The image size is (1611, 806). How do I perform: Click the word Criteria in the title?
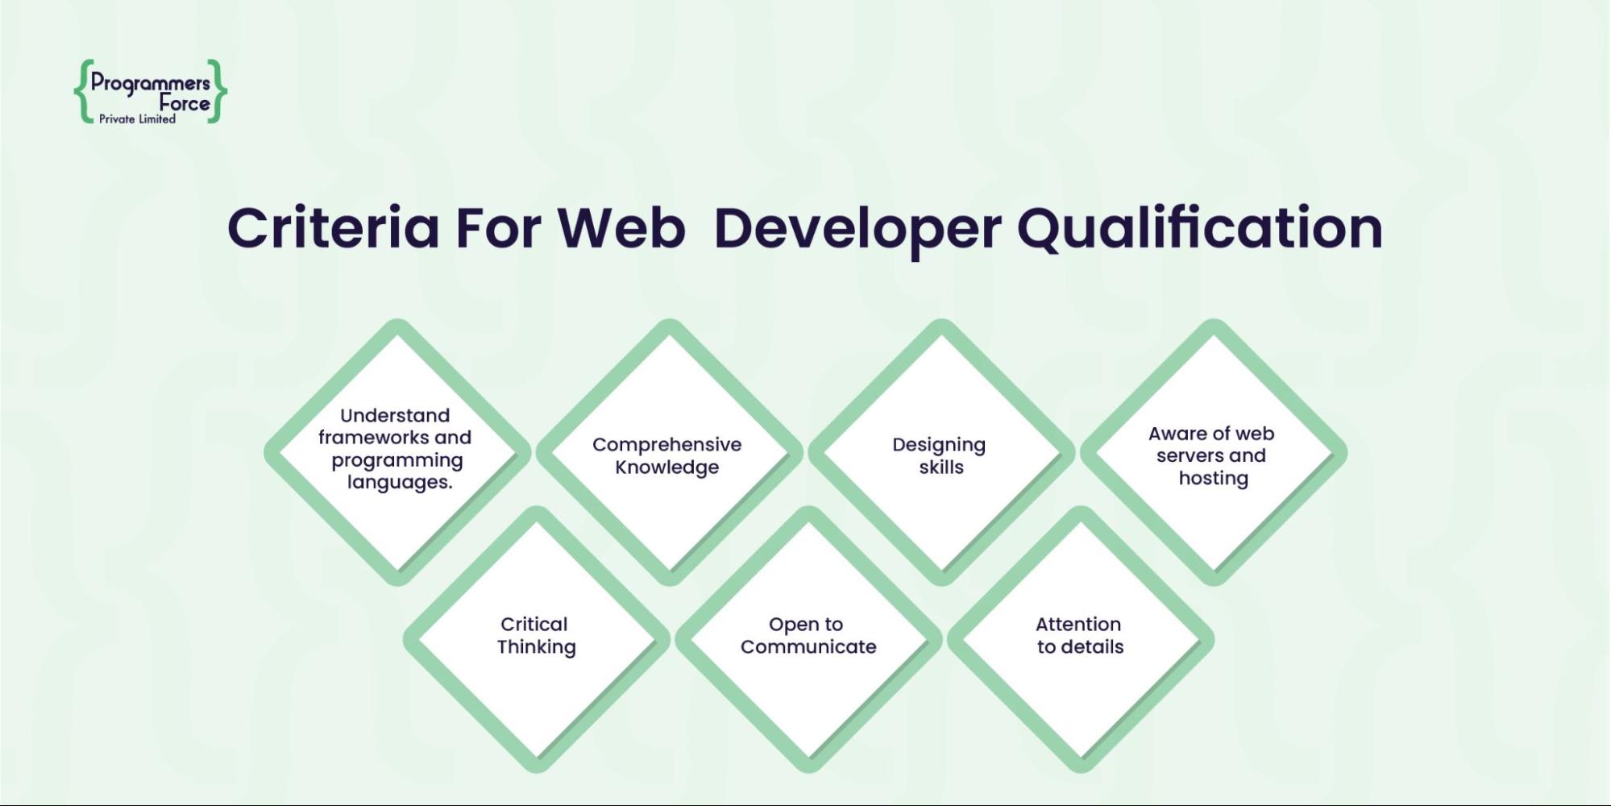(334, 227)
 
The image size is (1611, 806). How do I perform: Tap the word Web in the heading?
(621, 227)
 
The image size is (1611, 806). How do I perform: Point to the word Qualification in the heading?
(1200, 231)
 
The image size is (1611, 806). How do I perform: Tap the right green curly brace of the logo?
(217, 91)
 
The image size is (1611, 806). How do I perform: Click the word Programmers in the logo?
(150, 83)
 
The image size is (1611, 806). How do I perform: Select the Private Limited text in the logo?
(137, 119)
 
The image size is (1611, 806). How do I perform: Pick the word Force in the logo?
(185, 103)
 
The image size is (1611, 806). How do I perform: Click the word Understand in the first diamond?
(395, 415)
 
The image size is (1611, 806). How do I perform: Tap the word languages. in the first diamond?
(400, 482)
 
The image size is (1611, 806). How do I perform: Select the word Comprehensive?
(666, 445)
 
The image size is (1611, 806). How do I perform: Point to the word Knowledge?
(666, 467)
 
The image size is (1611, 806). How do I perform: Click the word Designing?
(939, 445)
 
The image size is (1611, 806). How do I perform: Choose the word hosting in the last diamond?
(1214, 478)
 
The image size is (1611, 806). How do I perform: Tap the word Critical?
(534, 624)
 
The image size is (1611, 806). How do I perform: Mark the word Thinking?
(536, 647)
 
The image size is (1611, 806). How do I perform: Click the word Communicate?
(808, 646)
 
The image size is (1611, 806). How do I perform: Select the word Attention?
(1078, 624)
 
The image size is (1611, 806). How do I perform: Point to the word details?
(1092, 646)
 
